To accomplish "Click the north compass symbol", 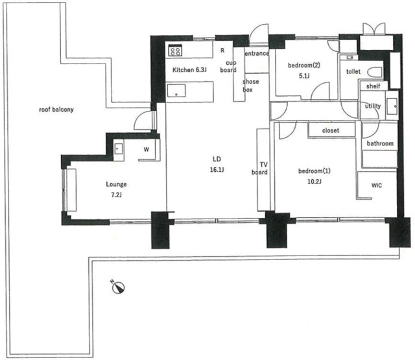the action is tap(118, 287).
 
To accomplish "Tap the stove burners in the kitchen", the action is tap(175, 51).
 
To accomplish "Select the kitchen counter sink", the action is tap(176, 91).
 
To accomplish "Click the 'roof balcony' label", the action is tap(56, 110).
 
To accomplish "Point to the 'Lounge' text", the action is tap(116, 184).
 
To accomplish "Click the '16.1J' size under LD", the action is tap(217, 170).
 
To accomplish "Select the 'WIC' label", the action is tap(377, 186).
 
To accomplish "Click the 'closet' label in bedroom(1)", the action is tap(331, 130).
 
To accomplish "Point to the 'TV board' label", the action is tap(260, 169).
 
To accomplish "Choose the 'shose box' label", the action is tap(250, 86).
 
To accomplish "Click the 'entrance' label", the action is tap(257, 53).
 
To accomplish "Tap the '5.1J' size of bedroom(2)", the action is tap(304, 76).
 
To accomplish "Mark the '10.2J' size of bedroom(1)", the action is tap(314, 182).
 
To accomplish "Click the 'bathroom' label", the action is tap(380, 143).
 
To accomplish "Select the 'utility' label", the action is tap(373, 106).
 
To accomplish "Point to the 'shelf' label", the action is tap(373, 86).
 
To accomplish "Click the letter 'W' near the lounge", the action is tap(147, 150).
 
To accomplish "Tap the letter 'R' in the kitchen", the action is tap(222, 51).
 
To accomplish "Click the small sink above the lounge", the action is tap(118, 149).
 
